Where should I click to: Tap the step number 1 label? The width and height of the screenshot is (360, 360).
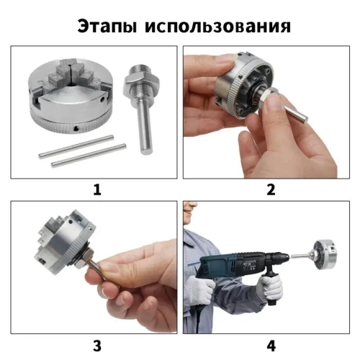tap(95, 190)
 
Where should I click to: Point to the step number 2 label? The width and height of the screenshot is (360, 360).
tap(271, 190)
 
